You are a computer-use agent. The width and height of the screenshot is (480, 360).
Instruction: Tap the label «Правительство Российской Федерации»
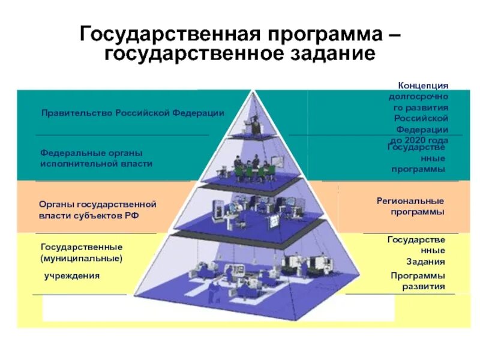(133, 113)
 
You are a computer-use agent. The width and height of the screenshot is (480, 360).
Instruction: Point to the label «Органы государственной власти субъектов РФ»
(98, 209)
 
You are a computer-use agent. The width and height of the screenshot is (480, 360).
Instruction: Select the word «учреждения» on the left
(71, 275)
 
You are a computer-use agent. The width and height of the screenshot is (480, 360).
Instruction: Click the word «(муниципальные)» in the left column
(82, 258)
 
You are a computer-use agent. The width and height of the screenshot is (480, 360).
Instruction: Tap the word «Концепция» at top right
(423, 86)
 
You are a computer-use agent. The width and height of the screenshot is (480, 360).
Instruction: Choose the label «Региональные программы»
(410, 206)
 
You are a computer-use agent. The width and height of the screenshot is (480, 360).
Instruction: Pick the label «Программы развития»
(418, 281)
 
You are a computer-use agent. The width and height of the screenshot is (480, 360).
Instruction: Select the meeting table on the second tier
(252, 171)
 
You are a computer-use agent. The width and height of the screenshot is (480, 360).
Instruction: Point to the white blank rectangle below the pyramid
(218, 309)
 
